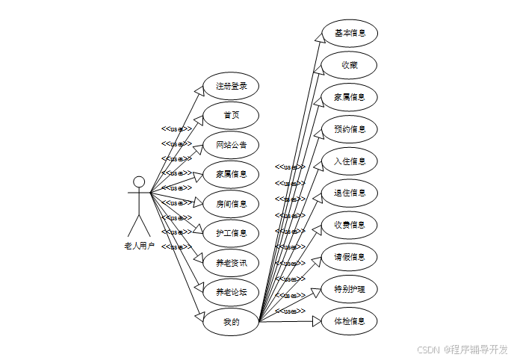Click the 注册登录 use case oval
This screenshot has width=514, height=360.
231,86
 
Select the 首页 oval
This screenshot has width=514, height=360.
231,115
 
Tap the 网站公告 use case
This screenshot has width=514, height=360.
231,144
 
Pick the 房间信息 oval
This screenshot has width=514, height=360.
231,203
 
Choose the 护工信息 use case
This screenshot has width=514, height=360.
231,233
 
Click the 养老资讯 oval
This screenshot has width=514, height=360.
231,262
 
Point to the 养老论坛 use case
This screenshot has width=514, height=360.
231,292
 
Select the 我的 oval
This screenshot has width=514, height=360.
231,322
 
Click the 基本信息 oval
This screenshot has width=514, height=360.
349,34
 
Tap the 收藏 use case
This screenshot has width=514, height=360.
349,65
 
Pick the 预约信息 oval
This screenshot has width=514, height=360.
349,129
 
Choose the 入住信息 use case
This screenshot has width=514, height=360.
349,161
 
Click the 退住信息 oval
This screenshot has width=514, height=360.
349,193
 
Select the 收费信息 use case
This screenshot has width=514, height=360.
349,225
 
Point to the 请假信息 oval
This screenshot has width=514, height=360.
349,257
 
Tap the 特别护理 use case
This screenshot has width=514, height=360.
349,289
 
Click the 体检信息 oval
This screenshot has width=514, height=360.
349,321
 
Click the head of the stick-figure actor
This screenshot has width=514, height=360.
139,181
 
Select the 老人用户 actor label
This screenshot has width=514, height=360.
139,245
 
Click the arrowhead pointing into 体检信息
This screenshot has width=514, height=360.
316,321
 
